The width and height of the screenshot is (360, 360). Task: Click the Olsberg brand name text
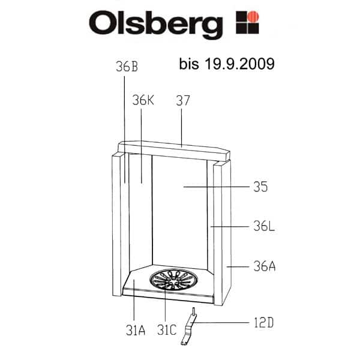(155, 25)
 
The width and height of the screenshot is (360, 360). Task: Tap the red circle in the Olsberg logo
(253, 16)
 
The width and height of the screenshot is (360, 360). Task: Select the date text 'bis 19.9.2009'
(227, 64)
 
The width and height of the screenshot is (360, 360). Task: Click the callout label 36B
(127, 67)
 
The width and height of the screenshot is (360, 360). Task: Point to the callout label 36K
(143, 100)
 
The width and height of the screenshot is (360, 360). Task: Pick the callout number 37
(183, 100)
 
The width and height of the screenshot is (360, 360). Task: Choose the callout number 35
(260, 187)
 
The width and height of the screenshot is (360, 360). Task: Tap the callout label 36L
(264, 226)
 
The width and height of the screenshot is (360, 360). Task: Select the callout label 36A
(265, 266)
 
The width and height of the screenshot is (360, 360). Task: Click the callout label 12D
(264, 323)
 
